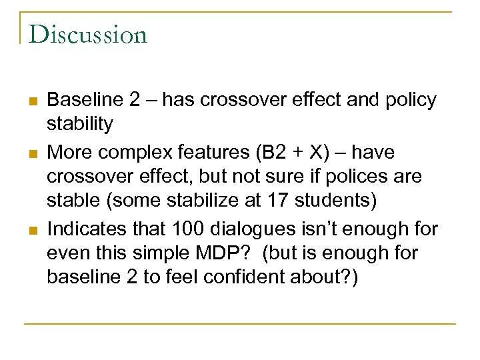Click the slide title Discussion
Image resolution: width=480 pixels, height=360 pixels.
[x=88, y=34]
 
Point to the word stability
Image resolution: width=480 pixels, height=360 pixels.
[x=80, y=123]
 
